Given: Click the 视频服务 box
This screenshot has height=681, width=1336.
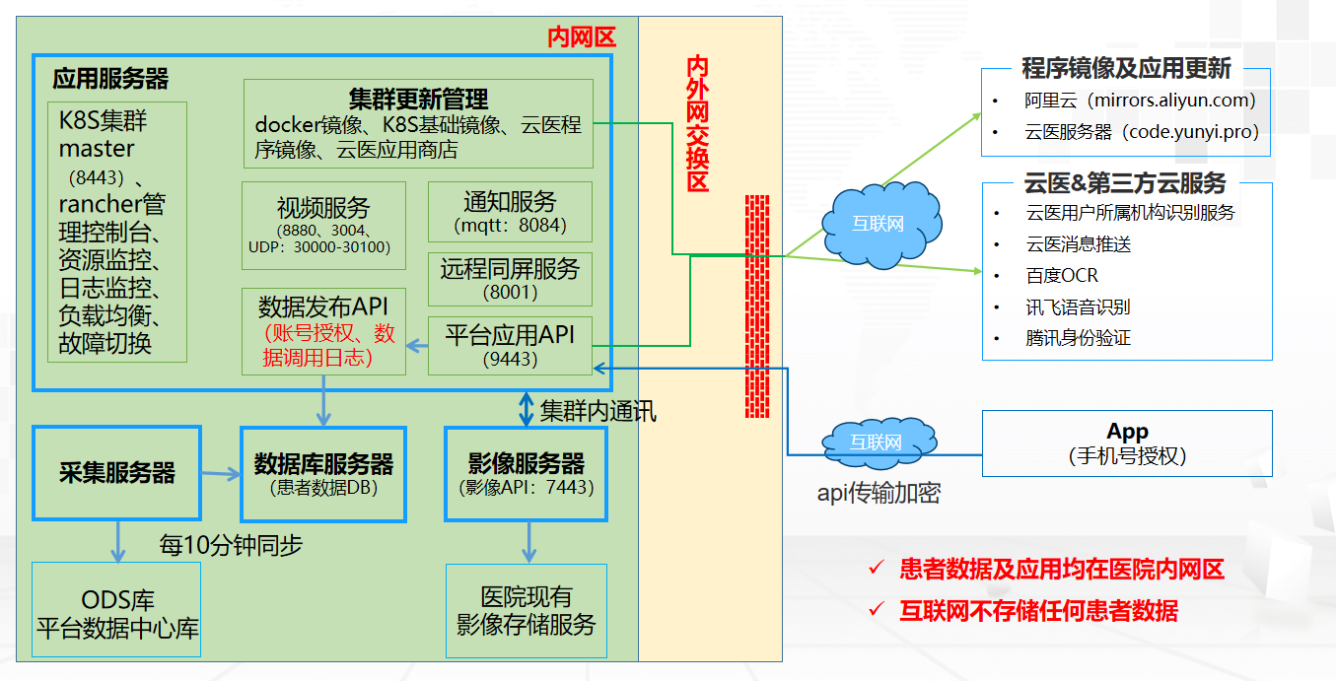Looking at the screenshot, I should [x=323, y=225].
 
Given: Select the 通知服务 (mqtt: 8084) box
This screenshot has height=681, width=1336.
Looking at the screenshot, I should [x=510, y=212].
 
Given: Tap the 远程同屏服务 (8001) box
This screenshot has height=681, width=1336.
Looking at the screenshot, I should [x=510, y=279].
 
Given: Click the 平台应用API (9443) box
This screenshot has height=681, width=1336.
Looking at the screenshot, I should [x=510, y=345].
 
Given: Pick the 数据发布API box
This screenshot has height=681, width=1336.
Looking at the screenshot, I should [x=323, y=331].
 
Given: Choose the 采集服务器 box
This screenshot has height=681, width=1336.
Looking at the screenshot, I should [x=116, y=472].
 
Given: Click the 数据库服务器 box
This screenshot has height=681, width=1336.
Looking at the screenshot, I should [x=323, y=472].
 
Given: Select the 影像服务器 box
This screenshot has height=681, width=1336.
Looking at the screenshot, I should [x=526, y=472].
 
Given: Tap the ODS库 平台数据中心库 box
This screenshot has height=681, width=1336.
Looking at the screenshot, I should [x=116, y=611].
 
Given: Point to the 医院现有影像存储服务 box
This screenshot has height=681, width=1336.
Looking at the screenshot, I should [x=526, y=611].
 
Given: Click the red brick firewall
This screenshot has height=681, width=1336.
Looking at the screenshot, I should [x=758, y=306].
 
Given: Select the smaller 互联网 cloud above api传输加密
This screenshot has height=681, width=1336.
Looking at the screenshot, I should [x=876, y=443].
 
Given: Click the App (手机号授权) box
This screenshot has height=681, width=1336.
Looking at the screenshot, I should [x=1127, y=443].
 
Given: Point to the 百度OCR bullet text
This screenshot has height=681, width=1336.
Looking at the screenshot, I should [x=1061, y=275].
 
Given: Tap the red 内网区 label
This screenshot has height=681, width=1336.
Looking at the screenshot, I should [x=582, y=38].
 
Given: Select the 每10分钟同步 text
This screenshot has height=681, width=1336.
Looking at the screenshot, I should [x=231, y=544].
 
